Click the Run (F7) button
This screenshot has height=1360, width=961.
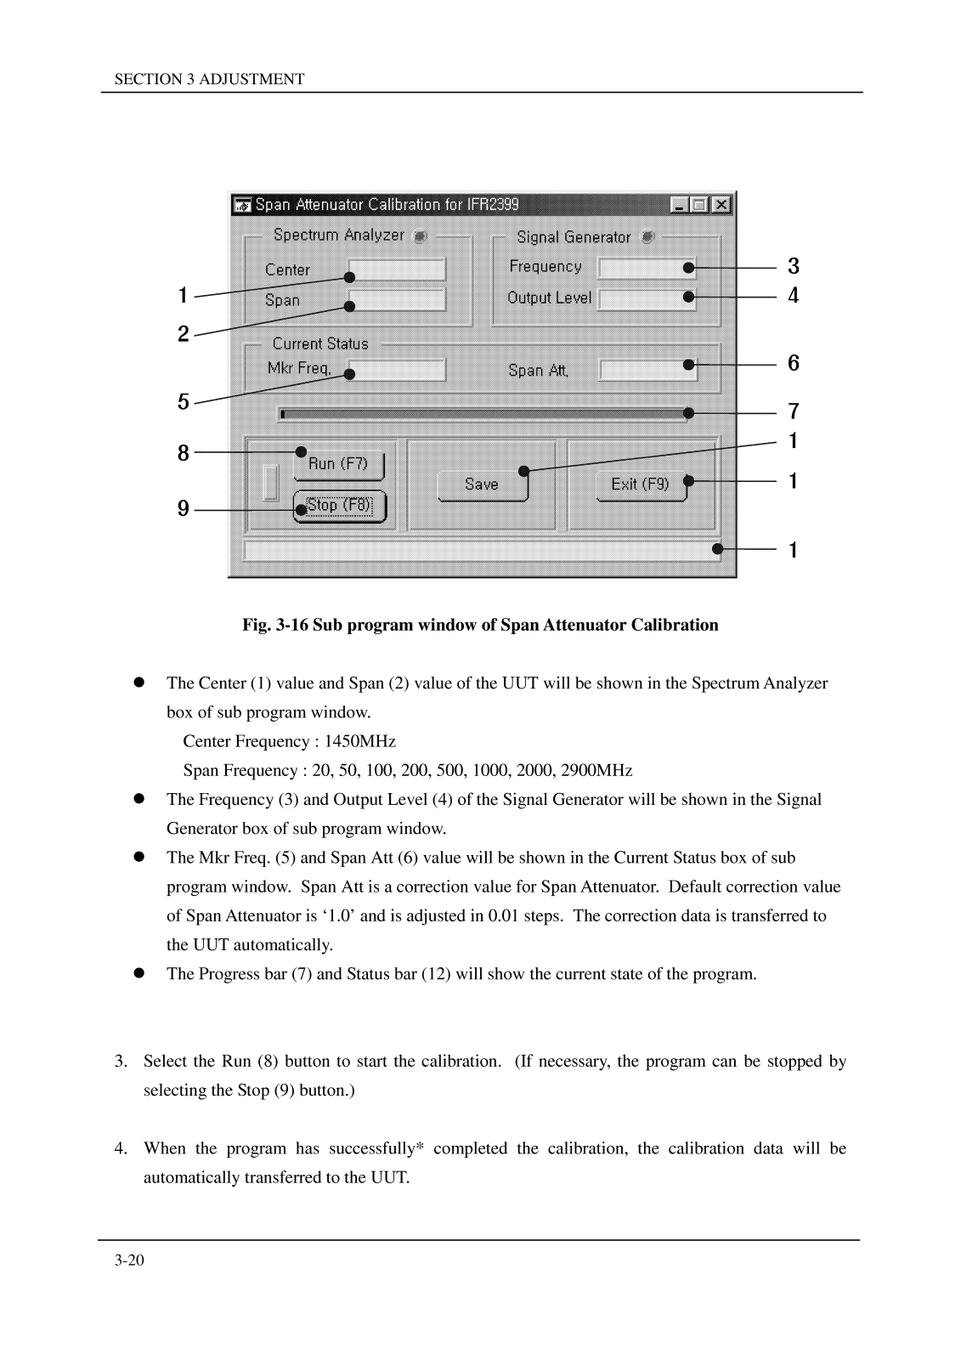pyautogui.click(x=338, y=464)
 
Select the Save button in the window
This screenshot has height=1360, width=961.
pyautogui.click(x=482, y=484)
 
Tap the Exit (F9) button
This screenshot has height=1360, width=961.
pyautogui.click(x=641, y=484)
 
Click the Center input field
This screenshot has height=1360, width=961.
pyautogui.click(x=397, y=270)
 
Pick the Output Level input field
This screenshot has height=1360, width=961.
pyautogui.click(x=647, y=299)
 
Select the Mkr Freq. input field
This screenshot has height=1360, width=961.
pyautogui.click(x=397, y=370)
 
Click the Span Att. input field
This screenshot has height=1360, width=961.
pyautogui.click(x=647, y=370)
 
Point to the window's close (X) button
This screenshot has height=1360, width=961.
pyautogui.click(x=721, y=205)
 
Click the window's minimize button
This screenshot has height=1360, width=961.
pyautogui.click(x=681, y=205)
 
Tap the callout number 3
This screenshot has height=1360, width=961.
pyautogui.click(x=794, y=267)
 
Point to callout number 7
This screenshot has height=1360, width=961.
pyautogui.click(x=794, y=412)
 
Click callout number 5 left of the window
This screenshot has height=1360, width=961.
pyautogui.click(x=184, y=402)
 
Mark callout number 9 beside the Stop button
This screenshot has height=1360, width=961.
pyautogui.click(x=184, y=509)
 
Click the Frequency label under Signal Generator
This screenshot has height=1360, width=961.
pyautogui.click(x=546, y=267)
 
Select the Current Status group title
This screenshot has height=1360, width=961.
pyautogui.click(x=320, y=343)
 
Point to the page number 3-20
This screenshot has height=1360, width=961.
pyautogui.click(x=129, y=1261)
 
